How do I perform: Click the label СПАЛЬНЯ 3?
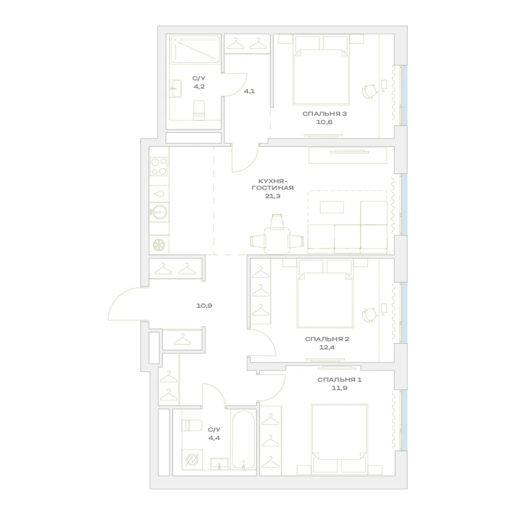[324, 114]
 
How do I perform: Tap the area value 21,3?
[272, 196]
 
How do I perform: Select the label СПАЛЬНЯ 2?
[327, 339]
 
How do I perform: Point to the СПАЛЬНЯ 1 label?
[339, 380]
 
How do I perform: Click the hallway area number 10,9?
[204, 306]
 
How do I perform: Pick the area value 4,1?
[249, 91]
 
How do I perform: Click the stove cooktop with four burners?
[159, 166]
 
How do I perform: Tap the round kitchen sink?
[159, 212]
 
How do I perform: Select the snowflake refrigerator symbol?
[159, 245]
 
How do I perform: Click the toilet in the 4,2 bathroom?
[199, 110]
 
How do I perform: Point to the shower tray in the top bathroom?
[195, 49]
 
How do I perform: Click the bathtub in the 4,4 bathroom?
[243, 439]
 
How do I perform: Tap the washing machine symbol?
[192, 459]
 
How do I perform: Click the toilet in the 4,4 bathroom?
[192, 425]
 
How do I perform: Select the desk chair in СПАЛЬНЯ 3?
[370, 91]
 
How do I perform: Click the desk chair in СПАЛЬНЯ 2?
[370, 315]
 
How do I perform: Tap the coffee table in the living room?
[332, 207]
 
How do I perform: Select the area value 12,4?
[327, 347]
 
